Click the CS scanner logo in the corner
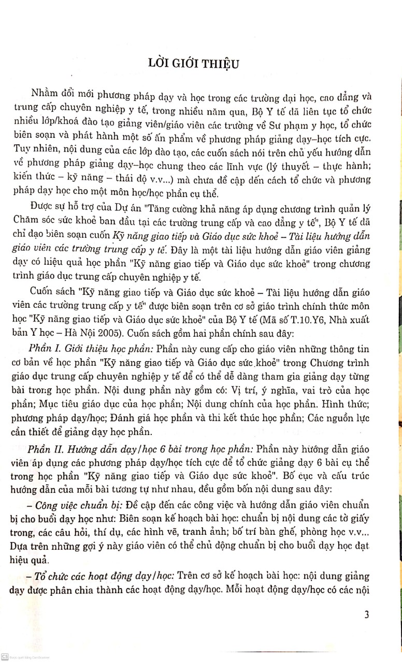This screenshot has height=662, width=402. (5, 657)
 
